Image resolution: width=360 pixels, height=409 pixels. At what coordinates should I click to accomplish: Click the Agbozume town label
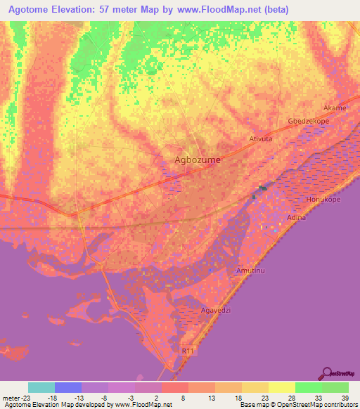(197, 160)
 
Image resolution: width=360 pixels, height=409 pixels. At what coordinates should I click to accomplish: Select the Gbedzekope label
(305, 122)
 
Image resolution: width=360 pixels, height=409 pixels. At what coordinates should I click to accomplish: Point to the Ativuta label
(260, 139)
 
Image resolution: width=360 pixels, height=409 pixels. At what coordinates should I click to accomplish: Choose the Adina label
(297, 218)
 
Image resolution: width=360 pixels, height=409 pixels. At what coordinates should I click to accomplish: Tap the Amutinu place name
(252, 271)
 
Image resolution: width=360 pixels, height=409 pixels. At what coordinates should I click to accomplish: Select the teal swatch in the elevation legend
(41, 387)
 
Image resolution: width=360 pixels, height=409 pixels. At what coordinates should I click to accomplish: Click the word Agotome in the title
(32, 10)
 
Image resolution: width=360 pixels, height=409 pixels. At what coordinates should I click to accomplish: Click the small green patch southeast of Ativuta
(262, 187)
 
